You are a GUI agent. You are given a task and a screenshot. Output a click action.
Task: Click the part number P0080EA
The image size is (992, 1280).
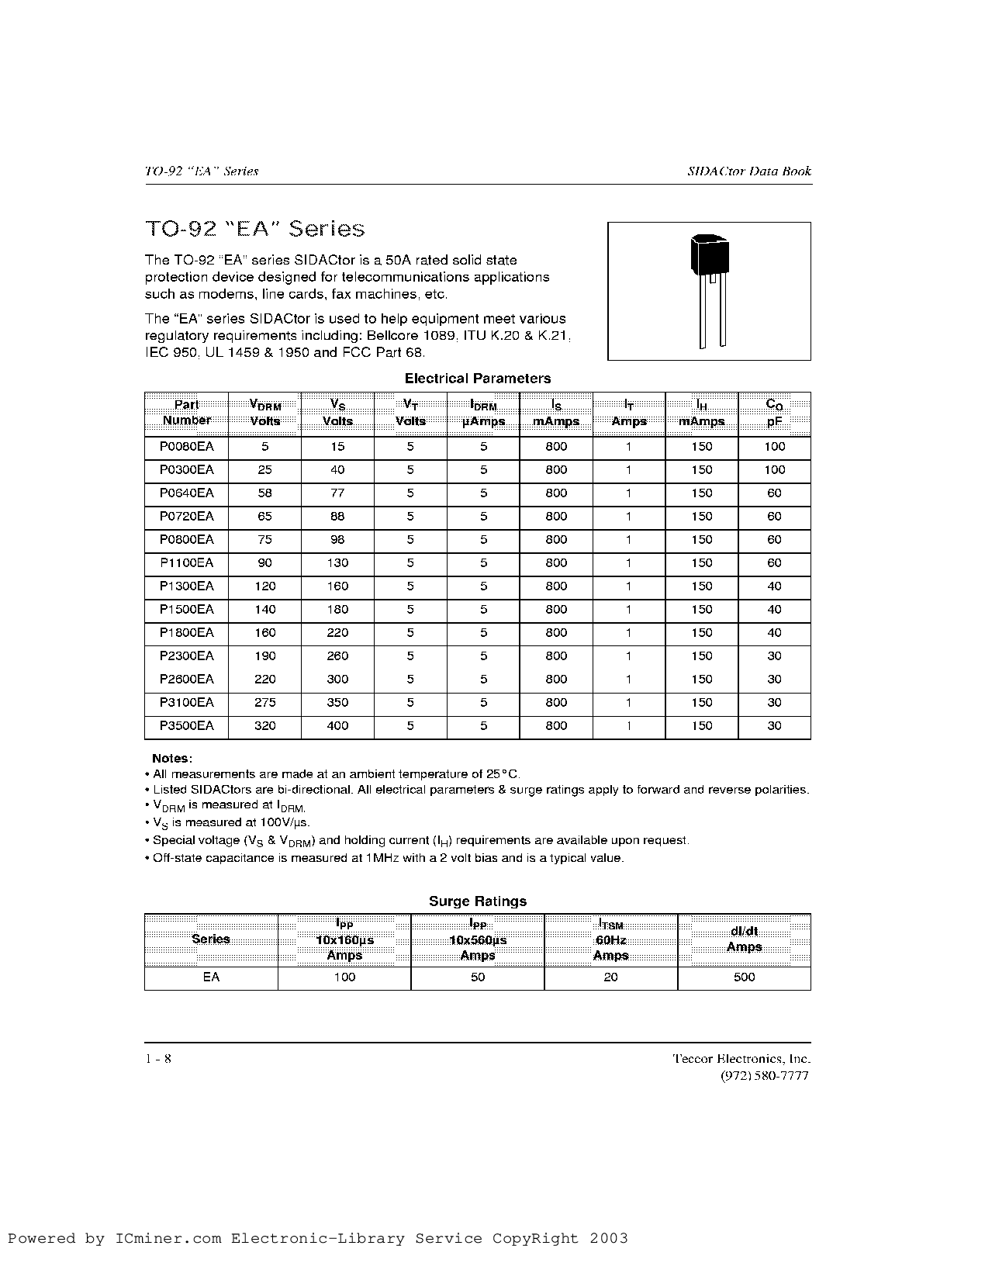point(186,447)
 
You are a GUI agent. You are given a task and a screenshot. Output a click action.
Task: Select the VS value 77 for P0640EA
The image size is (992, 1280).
point(337,493)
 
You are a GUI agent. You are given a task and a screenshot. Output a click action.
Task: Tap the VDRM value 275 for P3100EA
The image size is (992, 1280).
point(264,703)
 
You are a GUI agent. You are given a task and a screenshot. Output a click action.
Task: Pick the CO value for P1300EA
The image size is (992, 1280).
point(774,586)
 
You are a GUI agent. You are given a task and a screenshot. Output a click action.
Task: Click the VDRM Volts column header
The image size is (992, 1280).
point(264,413)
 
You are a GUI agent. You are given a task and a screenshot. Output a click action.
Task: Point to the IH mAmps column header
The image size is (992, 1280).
point(701,413)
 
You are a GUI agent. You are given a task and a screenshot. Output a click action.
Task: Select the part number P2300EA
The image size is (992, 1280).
point(186,656)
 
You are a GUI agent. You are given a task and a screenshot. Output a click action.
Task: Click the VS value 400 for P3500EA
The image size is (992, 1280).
point(337,726)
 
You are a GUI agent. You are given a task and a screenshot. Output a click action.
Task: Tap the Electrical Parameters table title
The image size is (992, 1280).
point(478,379)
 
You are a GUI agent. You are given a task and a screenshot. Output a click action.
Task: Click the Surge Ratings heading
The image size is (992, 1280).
point(478,901)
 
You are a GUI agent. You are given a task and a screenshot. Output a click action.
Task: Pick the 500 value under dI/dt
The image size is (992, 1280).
point(744,977)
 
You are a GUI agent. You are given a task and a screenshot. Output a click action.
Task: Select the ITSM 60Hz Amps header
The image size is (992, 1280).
point(610,940)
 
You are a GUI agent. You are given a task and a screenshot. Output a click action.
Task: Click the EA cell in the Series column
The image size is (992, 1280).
point(211,977)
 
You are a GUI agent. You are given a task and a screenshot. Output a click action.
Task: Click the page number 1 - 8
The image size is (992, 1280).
point(158,1059)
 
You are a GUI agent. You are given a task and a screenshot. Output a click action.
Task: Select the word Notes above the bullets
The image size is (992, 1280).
point(171,759)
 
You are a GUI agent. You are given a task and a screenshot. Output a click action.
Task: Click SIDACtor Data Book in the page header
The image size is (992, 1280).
point(749,171)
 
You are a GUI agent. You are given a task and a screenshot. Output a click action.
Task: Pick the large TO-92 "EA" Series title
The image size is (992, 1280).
point(254,229)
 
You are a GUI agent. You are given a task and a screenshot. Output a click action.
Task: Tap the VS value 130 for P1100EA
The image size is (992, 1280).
point(337,563)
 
